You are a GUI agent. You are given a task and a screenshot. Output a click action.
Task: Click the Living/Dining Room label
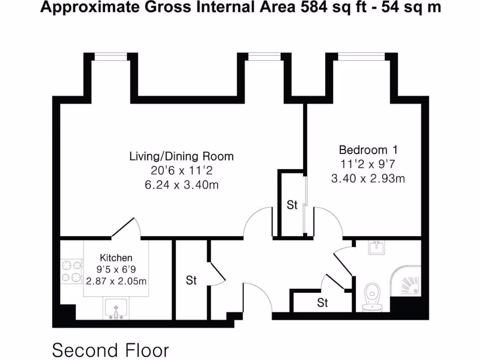181,156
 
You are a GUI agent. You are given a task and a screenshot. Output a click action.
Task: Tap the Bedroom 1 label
368,150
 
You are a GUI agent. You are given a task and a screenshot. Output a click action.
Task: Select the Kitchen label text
116,258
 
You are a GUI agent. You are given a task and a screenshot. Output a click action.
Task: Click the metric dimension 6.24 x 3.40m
181,185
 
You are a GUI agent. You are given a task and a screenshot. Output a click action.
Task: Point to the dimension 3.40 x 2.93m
368,179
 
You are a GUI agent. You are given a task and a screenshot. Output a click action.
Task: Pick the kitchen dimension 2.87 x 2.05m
116,281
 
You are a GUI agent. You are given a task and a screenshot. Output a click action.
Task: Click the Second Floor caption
110,350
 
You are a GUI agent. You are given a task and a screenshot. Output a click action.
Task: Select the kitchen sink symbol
115,309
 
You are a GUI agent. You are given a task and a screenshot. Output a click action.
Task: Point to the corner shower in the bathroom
408,284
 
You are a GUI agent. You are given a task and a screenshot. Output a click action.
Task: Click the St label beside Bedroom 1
292,205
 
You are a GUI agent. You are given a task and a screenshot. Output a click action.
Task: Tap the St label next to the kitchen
191,280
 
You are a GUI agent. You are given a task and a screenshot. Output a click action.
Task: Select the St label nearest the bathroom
322,303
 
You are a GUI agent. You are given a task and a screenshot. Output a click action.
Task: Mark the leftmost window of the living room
111,57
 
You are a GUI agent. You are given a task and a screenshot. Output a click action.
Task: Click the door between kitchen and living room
126,228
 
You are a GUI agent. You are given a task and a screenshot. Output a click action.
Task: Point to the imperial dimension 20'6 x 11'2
181,170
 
